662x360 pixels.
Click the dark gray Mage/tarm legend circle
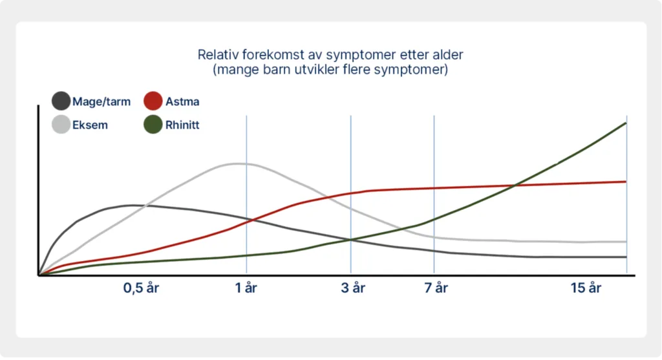click(61, 101)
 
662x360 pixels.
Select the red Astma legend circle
click(153, 101)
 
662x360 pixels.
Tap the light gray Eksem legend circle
click(61, 125)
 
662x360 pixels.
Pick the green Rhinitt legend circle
click(153, 125)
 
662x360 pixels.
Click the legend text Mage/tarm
click(101, 101)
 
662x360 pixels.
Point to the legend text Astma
click(182, 101)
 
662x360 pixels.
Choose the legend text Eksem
click(90, 125)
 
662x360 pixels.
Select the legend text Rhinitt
click(182, 125)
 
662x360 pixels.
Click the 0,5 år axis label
click(141, 288)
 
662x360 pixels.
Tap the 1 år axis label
click(246, 288)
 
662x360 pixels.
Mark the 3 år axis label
click(353, 288)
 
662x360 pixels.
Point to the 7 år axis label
click(436, 288)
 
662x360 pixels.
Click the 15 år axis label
click(586, 288)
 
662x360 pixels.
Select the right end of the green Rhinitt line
click(626, 123)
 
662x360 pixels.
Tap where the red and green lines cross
click(514, 185)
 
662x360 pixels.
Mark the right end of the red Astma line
click(626, 182)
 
